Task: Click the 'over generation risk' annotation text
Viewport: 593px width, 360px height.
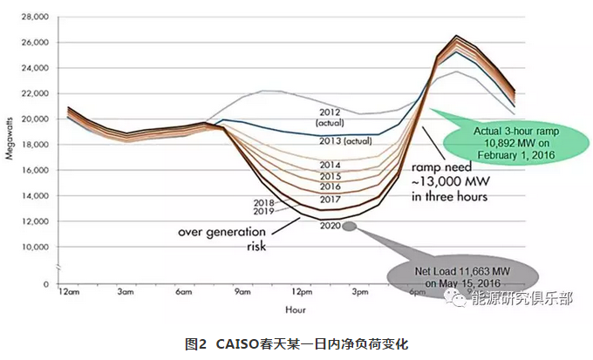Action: click(x=224, y=239)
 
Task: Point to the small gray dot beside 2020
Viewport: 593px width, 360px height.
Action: click(x=349, y=226)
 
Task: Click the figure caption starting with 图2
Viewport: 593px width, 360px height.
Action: click(x=296, y=344)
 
